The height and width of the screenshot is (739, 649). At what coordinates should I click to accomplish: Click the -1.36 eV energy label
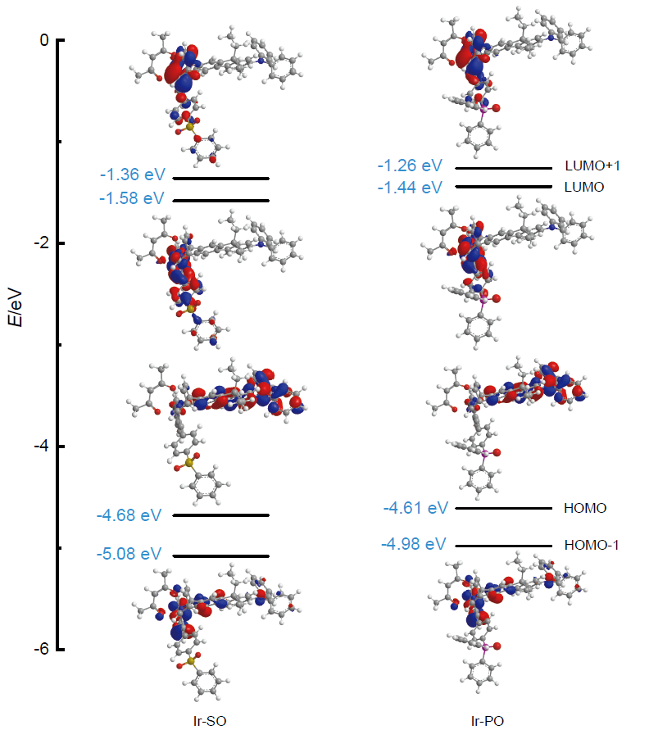coord(132,175)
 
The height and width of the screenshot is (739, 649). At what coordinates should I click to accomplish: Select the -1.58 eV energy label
coord(132,198)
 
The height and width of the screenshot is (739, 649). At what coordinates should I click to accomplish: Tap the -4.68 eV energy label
coord(129,515)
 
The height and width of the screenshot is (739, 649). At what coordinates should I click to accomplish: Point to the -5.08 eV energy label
coord(129,555)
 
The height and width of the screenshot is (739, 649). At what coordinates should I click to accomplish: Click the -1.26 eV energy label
coord(410,166)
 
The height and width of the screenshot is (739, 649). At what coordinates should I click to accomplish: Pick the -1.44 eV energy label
coord(410,188)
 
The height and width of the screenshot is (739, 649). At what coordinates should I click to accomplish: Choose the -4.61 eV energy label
coord(415,509)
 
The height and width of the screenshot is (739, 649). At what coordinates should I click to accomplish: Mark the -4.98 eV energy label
coord(413,544)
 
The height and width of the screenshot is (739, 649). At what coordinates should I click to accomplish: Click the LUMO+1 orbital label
coord(592,166)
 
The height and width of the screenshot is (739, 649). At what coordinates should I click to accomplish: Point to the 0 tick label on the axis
coord(45,40)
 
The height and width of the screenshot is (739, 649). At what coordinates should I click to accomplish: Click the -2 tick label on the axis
coord(42,243)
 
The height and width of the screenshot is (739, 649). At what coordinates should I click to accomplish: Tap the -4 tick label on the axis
coord(42,447)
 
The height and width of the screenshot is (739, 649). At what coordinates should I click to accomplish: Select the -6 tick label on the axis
coord(42,649)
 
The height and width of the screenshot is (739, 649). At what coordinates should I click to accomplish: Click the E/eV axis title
coord(17,305)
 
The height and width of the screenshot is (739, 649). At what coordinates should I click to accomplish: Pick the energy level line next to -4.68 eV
coord(220,515)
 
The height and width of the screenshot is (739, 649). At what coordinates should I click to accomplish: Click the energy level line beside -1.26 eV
coord(503,168)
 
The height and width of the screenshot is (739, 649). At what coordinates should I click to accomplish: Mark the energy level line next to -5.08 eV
coord(220,555)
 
